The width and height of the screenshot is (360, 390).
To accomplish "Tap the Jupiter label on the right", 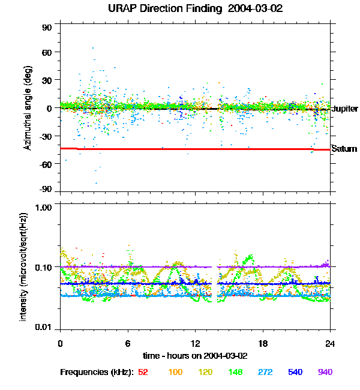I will click(x=344, y=109).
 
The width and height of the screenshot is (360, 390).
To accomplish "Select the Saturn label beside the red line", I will click(x=344, y=149).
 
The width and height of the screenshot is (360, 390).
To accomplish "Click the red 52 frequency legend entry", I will click(x=143, y=373).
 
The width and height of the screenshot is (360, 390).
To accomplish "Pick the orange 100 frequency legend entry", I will click(x=175, y=373).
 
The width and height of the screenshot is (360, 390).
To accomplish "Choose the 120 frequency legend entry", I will click(x=206, y=373).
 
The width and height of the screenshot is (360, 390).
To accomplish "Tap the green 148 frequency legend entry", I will click(x=236, y=373).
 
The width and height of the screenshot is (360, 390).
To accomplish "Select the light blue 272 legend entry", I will click(x=266, y=373).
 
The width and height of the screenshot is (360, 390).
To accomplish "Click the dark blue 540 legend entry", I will click(x=295, y=373).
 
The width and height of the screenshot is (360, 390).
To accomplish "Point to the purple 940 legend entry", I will click(x=325, y=373).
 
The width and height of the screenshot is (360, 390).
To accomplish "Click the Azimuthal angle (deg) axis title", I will click(x=28, y=108).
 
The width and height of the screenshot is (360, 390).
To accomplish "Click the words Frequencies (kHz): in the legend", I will click(x=96, y=373).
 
